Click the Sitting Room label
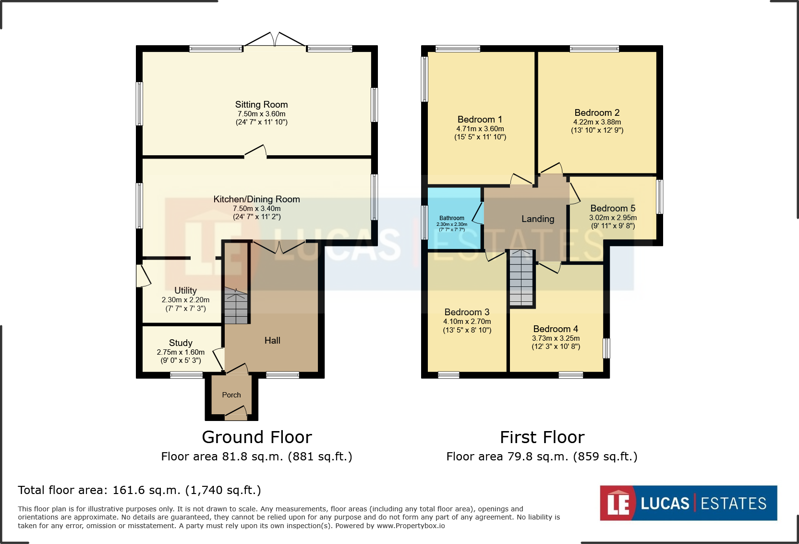tap(261, 105)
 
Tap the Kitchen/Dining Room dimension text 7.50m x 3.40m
tap(256, 209)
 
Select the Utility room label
tap(185, 290)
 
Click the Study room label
tap(181, 343)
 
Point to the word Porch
tap(231, 395)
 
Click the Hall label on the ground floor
tap(272, 340)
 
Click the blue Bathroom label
tap(451, 218)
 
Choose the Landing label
tap(538, 219)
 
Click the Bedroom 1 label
tap(480, 120)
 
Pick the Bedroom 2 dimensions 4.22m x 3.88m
tap(597, 122)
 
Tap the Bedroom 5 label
tap(613, 208)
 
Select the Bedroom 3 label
tap(467, 312)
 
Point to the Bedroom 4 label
tap(556, 329)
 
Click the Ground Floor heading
tap(256, 437)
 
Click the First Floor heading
tap(542, 437)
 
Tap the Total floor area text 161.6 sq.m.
tap(139, 490)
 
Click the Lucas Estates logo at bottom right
tap(688, 503)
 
